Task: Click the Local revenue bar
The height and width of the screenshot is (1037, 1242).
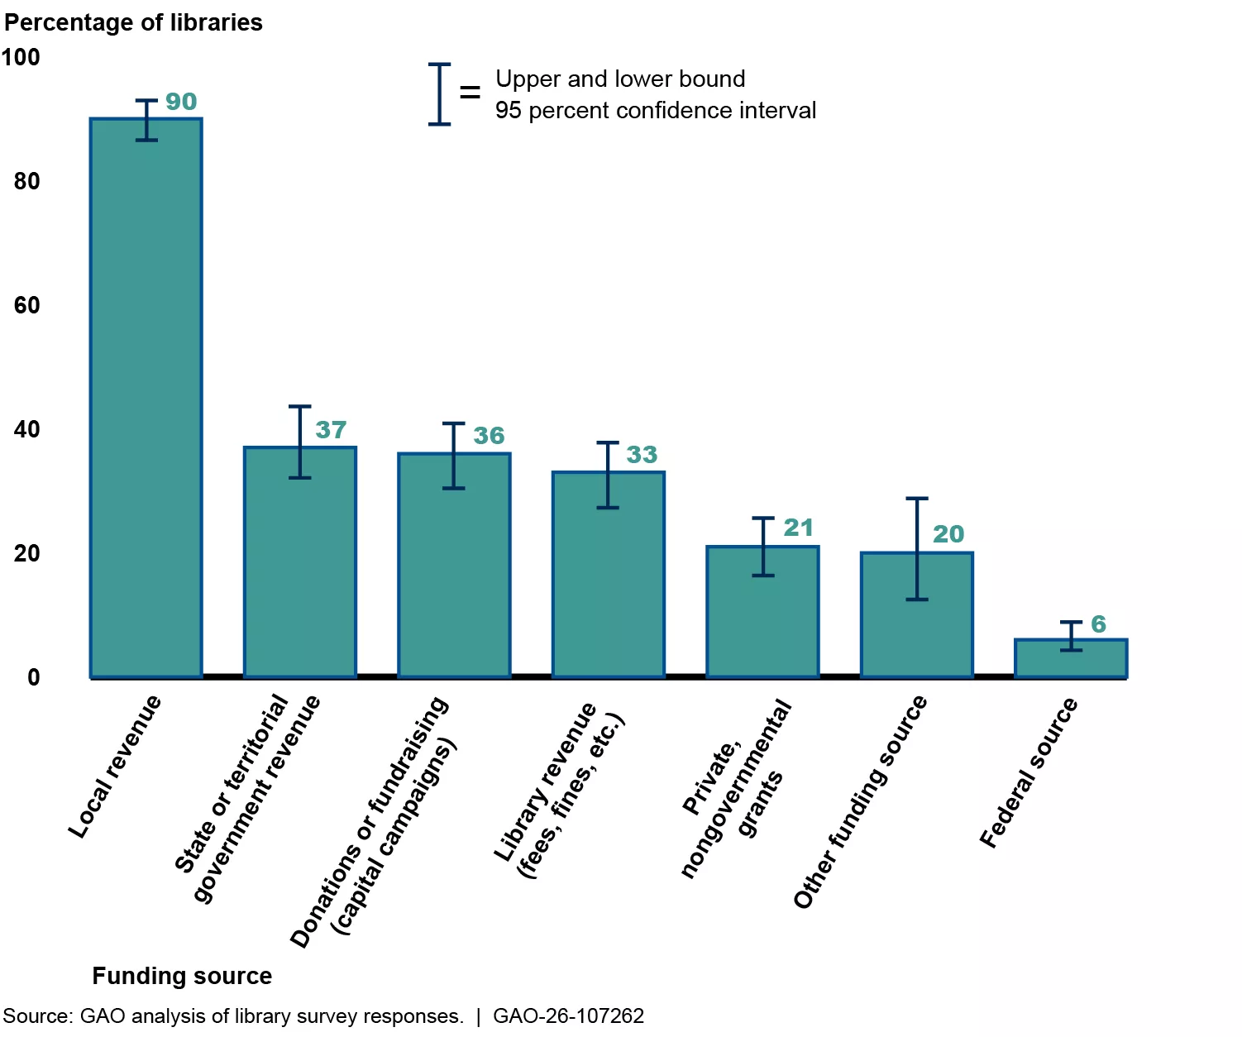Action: click(146, 397)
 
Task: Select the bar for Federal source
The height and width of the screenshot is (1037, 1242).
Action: click(1070, 658)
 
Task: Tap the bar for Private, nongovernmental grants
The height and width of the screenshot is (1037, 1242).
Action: click(762, 612)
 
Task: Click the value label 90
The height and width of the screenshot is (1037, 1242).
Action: click(181, 102)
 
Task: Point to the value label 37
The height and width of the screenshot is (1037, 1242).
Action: click(331, 430)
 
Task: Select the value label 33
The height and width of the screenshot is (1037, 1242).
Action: click(642, 455)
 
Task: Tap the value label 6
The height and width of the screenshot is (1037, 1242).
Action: click(1098, 624)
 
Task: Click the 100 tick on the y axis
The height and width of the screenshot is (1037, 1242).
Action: click(21, 57)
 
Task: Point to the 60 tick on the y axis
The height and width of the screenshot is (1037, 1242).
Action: click(26, 305)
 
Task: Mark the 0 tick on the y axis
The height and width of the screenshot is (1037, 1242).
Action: click(33, 677)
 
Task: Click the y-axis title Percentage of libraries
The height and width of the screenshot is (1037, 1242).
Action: click(133, 22)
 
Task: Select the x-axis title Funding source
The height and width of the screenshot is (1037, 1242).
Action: click(182, 976)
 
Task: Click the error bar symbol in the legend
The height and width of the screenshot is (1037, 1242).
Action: click(439, 94)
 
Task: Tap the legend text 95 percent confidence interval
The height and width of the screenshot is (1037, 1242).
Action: click(656, 110)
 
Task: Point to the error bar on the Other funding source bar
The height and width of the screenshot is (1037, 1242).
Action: click(916, 548)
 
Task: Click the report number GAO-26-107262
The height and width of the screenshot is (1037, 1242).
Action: click(568, 1015)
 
